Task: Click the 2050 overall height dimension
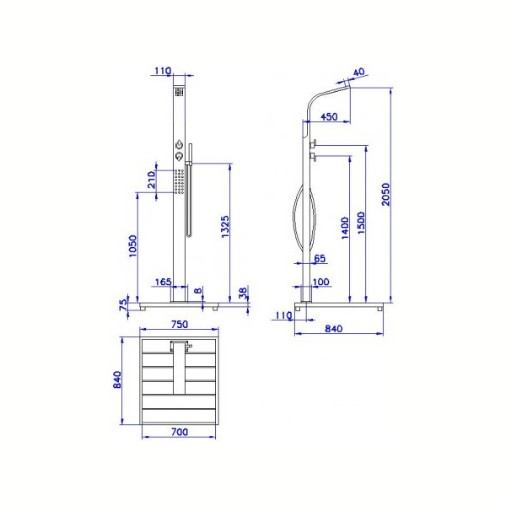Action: click(385, 194)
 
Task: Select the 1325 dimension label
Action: click(225, 227)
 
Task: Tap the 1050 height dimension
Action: click(133, 246)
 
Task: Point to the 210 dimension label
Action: click(152, 180)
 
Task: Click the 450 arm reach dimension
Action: click(329, 116)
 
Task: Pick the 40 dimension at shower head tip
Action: click(359, 72)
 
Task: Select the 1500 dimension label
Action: click(362, 223)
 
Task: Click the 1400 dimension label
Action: click(345, 228)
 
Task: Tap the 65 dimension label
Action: click(320, 258)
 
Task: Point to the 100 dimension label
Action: click(321, 282)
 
